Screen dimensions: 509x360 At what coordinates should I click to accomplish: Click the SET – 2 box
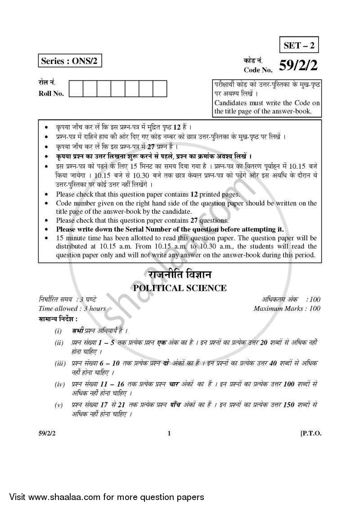tap(300, 45)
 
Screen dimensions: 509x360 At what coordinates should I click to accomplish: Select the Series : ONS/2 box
tap(69, 62)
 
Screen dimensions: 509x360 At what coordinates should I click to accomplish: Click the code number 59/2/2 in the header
tap(298, 66)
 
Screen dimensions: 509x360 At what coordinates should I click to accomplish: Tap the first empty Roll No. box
tap(76, 88)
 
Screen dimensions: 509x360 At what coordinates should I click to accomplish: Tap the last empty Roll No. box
tap(160, 88)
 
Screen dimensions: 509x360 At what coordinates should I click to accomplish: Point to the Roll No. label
tap(51, 94)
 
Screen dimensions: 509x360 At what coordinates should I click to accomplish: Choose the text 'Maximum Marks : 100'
tap(287, 308)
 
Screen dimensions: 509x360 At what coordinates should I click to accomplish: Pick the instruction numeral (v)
tap(59, 405)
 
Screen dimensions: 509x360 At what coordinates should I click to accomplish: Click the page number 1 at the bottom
tap(169, 434)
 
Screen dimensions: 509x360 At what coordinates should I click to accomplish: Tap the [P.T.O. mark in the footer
tap(310, 434)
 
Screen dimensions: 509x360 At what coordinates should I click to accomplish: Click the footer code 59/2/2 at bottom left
tap(48, 434)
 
